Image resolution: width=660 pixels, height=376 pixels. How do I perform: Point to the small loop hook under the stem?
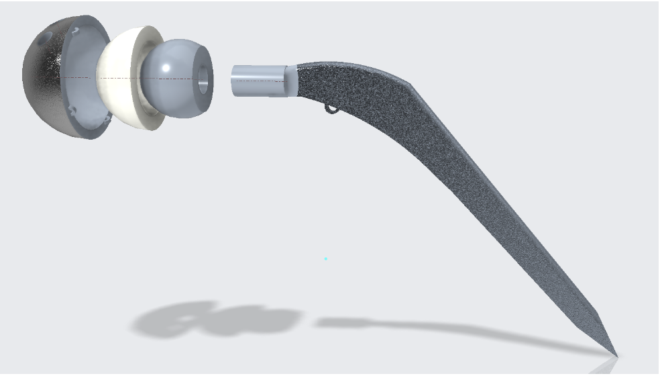pyautogui.click(x=331, y=109)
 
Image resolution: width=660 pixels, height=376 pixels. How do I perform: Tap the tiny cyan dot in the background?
pyautogui.click(x=326, y=258)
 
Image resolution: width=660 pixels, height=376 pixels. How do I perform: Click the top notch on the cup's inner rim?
pyautogui.click(x=80, y=30)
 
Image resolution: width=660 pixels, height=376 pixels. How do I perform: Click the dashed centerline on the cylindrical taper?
pyautogui.click(x=258, y=81)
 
